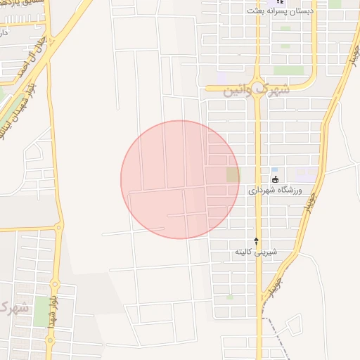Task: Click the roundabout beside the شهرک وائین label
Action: pyautogui.click(x=257, y=89)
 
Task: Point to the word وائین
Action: pyautogui.click(x=236, y=92)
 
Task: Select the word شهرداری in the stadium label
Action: pyautogui.click(x=262, y=191)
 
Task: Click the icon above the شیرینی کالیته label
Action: pyautogui.click(x=256, y=240)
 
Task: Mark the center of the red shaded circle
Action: pyautogui.click(x=180, y=179)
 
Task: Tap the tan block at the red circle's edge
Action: pyautogui.click(x=232, y=174)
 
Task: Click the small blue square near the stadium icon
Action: pyautogui.click(x=274, y=170)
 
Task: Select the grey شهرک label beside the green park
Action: pyautogui.click(x=14, y=307)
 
